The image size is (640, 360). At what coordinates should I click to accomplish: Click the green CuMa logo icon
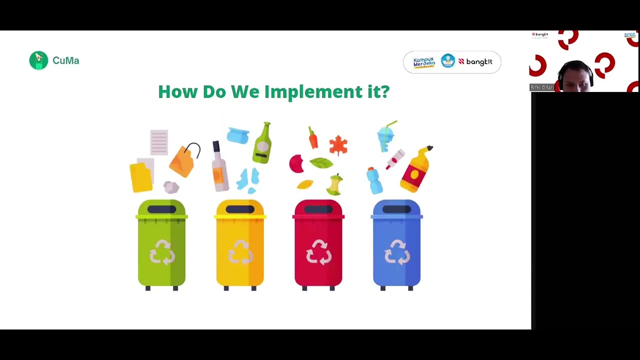pos(38,60)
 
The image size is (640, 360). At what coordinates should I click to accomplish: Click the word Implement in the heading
pos(313,92)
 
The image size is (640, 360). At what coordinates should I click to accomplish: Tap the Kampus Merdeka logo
pos(424,62)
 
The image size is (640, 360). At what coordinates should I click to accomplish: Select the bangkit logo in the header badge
pos(475,62)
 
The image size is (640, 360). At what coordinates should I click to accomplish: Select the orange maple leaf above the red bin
pos(338,145)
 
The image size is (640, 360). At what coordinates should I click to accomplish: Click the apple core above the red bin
pos(335,184)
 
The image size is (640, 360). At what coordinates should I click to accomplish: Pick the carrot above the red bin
pos(313,137)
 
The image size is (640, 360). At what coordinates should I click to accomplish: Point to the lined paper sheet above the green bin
pos(159,142)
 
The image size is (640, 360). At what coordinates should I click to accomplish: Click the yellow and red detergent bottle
pos(416,169)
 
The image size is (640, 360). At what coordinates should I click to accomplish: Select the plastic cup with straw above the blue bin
pos(386,135)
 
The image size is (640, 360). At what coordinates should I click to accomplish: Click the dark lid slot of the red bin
pos(318,209)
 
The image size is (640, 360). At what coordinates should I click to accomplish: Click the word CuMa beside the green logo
pos(65,60)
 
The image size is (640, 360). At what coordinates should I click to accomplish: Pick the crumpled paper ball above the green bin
pos(171,187)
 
